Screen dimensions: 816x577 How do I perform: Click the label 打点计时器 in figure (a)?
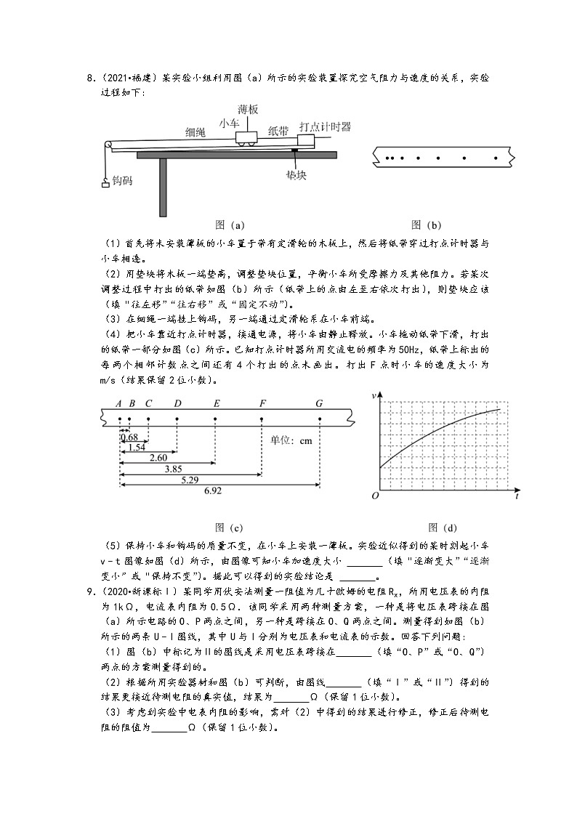click(325, 126)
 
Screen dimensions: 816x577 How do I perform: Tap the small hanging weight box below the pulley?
click(105, 182)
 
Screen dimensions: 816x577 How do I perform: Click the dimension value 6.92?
click(213, 491)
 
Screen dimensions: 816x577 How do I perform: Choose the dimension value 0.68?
click(129, 437)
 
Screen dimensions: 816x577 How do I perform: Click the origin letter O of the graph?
click(375, 496)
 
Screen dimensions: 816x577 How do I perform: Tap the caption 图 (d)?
click(443, 528)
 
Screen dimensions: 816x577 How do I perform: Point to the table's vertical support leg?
click(163, 187)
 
